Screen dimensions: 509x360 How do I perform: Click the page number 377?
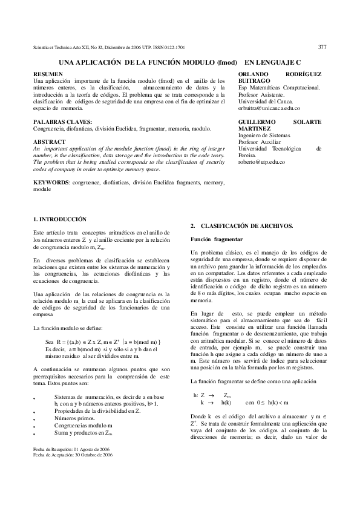click(x=322, y=46)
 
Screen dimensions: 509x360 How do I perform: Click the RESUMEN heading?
click(x=46, y=74)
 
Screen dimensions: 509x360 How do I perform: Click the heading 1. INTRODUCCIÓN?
click(x=60, y=219)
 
